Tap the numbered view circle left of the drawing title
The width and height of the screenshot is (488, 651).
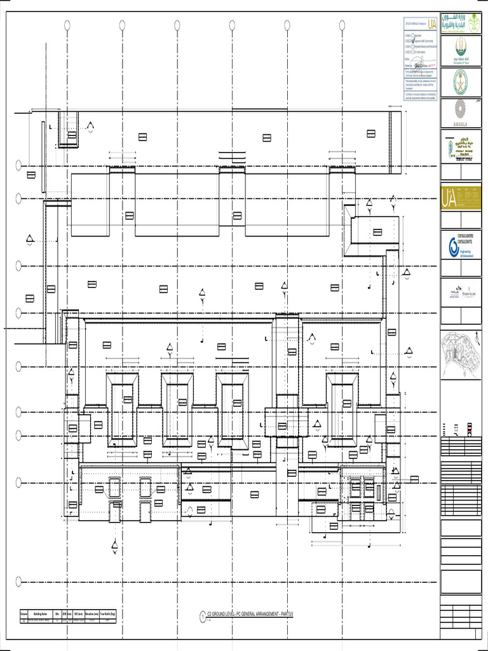coord(203,616)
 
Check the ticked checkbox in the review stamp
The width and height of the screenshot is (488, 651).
coord(414,47)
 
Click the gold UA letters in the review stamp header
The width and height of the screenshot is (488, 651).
coord(432,24)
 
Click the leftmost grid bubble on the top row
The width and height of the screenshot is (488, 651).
coord(67,25)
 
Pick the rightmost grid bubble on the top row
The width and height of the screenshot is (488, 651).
coord(342,25)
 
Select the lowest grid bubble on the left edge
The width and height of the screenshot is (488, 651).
coord(19,580)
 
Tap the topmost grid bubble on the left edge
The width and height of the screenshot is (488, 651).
coord(19,166)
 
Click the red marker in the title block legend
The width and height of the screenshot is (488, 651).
coord(470,432)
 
